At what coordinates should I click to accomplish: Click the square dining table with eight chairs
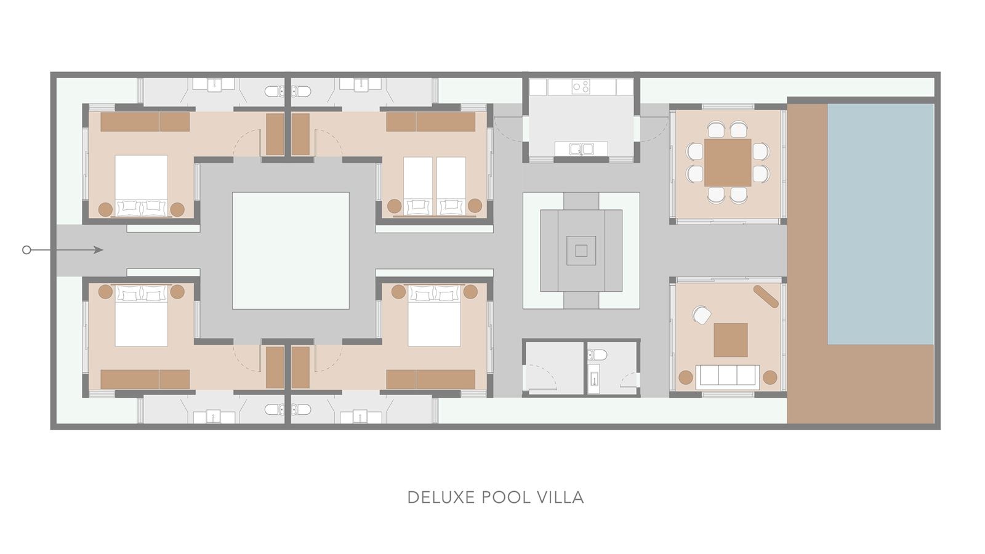tap(728, 163)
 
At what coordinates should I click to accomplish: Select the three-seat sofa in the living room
tap(727, 375)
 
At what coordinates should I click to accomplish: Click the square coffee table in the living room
tap(731, 340)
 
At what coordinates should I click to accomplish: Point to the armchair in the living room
tap(702, 315)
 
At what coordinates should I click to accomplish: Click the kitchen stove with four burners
tap(581, 87)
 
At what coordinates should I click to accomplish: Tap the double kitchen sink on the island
tap(581, 148)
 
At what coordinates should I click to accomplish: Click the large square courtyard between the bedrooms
tap(291, 250)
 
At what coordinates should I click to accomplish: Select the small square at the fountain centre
tap(581, 250)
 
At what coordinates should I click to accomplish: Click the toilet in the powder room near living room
tap(597, 355)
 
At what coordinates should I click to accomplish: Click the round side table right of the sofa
tap(770, 377)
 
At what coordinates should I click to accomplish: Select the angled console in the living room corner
tap(766, 295)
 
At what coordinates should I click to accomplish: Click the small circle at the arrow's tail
tap(26, 250)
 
